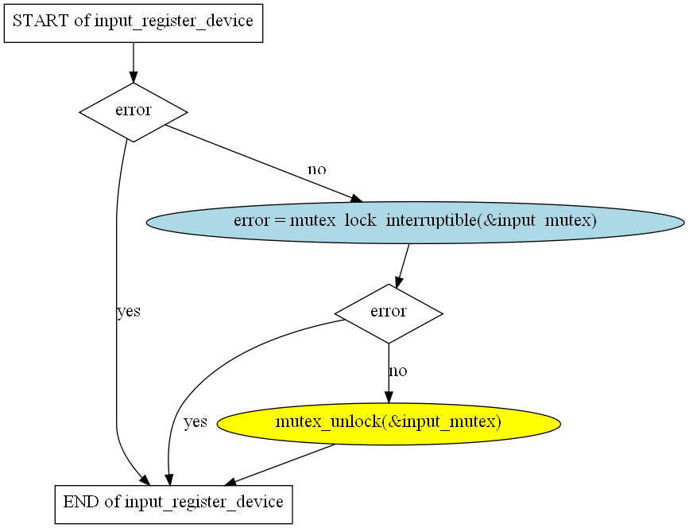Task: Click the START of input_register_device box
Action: [134, 21]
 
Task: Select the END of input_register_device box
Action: [173, 503]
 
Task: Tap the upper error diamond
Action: [134, 111]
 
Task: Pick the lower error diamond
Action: [389, 313]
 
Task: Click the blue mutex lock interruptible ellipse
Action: [415, 221]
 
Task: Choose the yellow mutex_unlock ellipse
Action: [389, 422]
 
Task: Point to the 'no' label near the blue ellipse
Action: [316, 169]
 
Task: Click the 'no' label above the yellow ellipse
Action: [398, 371]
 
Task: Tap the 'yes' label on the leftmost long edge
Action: [129, 312]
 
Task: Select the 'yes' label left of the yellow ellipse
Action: [195, 422]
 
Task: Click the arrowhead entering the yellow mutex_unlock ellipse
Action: [389, 398]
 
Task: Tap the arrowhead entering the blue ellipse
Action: [356, 199]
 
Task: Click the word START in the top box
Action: [40, 21]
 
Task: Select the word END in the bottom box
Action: [79, 503]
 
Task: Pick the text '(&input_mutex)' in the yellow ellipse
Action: [441, 422]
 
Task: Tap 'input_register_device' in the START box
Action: [173, 21]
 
